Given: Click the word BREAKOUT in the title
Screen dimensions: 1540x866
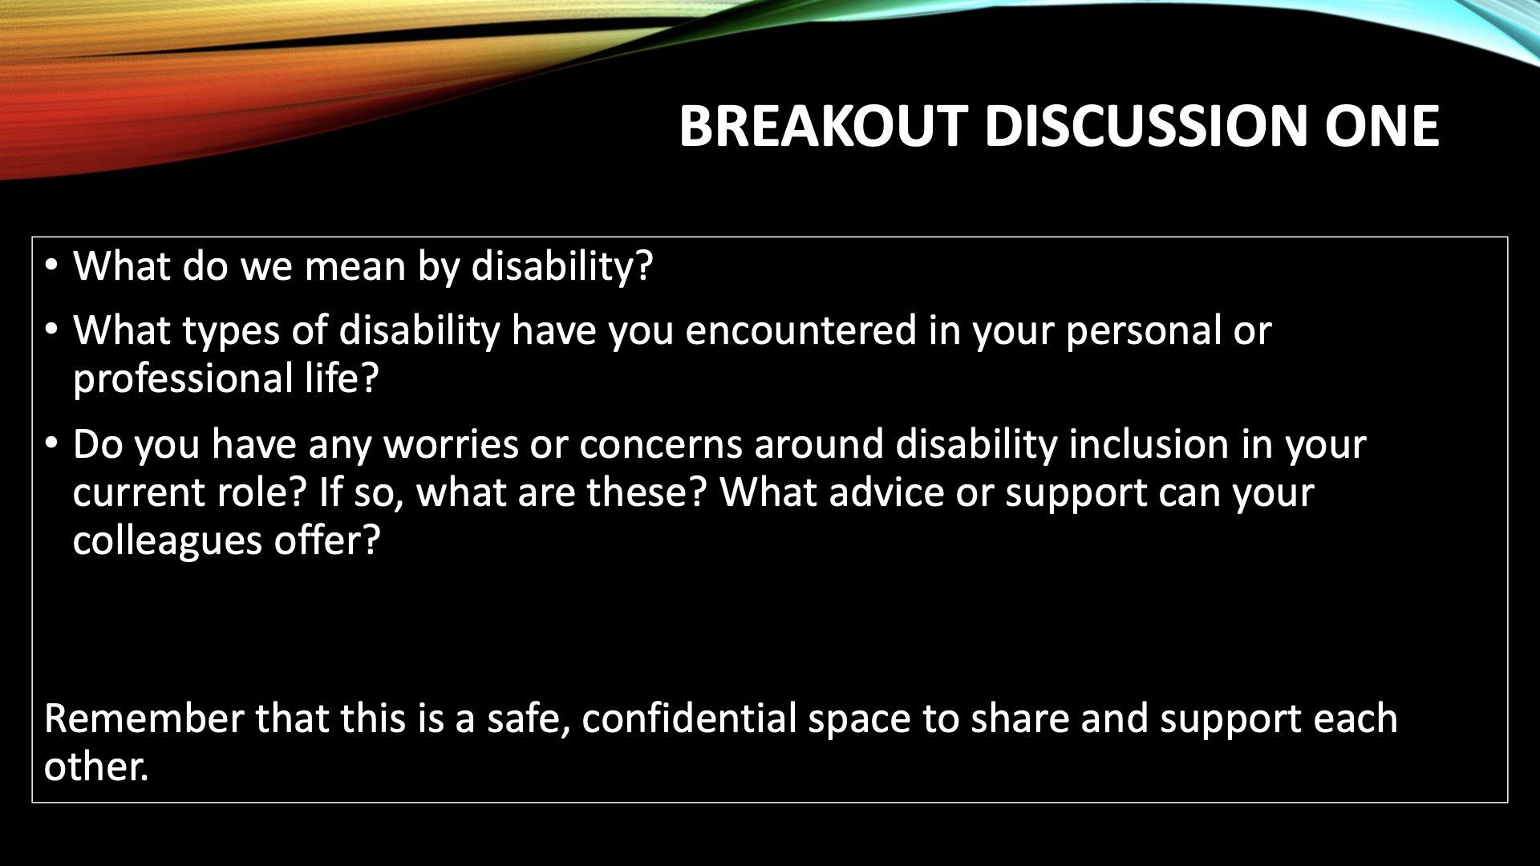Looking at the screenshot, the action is point(823,126).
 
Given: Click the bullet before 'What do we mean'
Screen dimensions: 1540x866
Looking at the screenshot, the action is point(51,265).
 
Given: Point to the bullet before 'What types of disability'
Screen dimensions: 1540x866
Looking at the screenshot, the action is point(51,330).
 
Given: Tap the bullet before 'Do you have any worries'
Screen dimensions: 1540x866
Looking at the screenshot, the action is point(51,443).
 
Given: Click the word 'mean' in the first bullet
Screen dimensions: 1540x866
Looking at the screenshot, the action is point(355,266).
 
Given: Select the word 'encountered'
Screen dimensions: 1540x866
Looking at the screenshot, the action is point(800,331).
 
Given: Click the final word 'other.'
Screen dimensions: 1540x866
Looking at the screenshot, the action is point(97,767).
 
